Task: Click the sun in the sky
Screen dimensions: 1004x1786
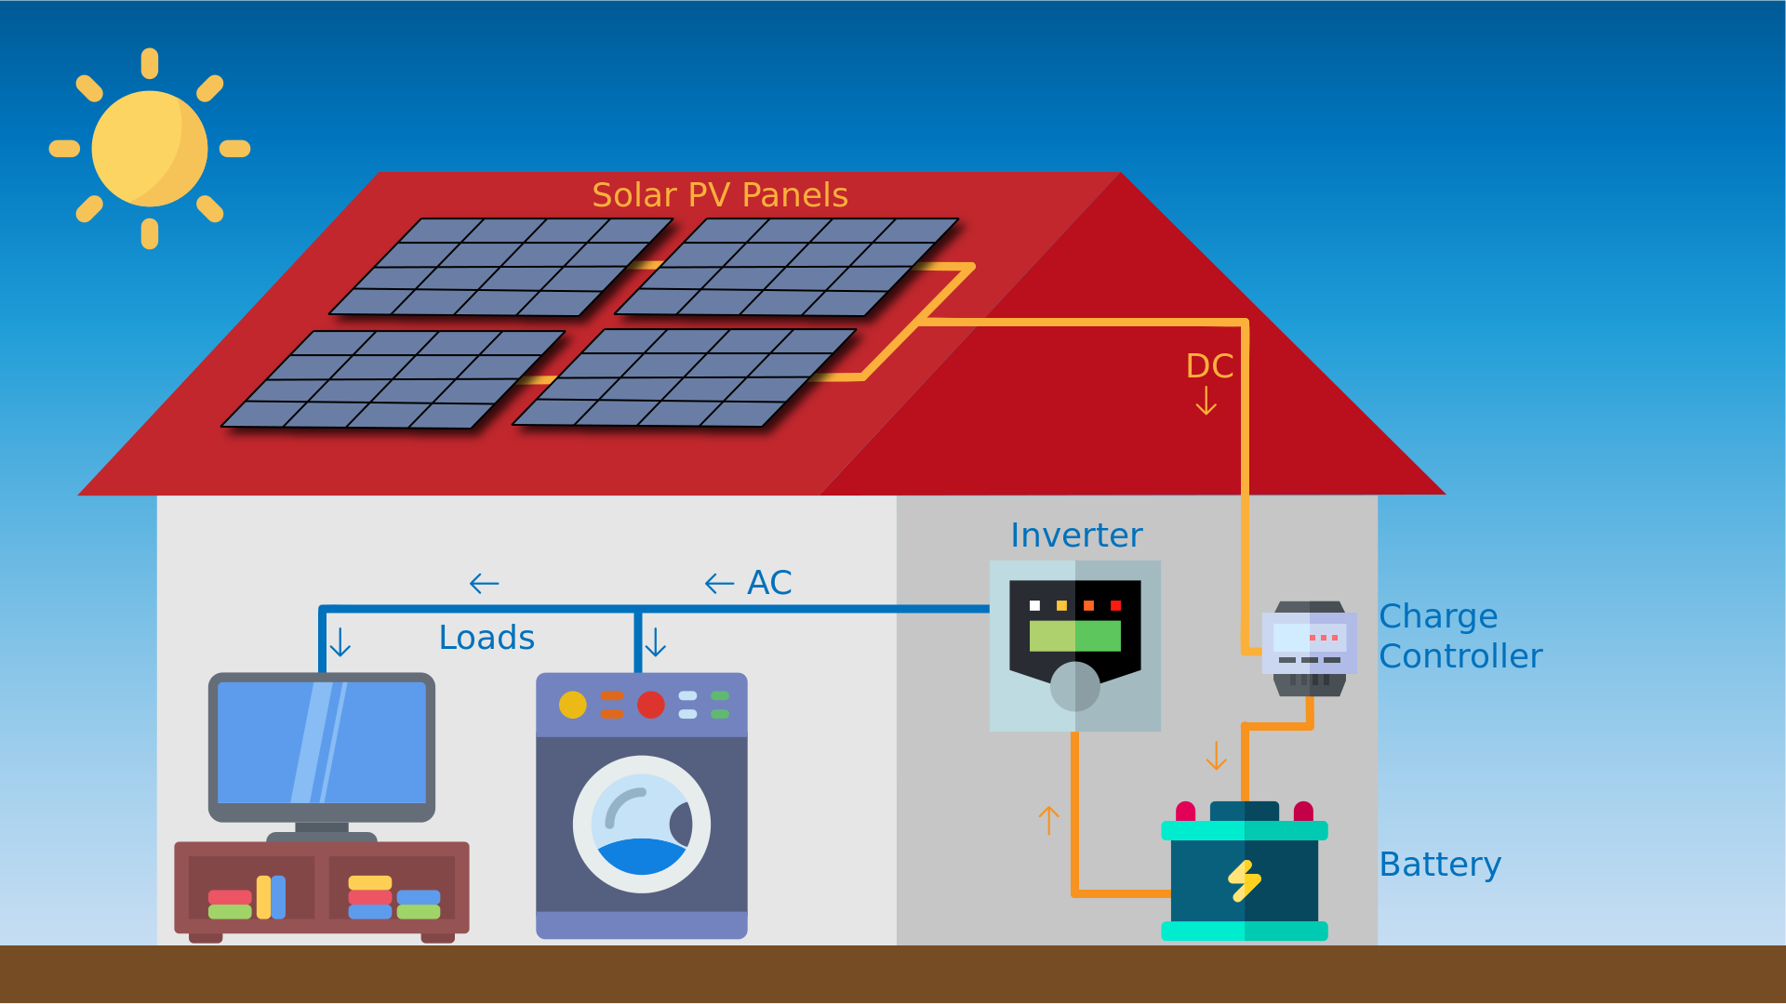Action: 150,149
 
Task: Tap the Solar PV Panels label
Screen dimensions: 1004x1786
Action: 719,195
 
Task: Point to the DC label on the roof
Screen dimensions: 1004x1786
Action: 1208,366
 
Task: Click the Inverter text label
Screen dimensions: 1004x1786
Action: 1075,535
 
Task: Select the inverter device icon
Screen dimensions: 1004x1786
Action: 1074,645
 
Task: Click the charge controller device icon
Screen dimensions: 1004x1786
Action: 1309,648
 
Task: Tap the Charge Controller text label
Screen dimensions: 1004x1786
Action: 1459,636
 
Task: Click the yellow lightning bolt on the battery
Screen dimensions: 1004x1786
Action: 1244,879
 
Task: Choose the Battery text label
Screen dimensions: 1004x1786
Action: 1439,865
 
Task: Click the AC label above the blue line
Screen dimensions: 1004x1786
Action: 769,583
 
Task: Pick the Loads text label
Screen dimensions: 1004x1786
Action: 486,638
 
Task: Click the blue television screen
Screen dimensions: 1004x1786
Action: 321,742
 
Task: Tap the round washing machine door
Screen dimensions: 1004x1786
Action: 641,824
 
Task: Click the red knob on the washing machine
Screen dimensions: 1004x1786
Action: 650,705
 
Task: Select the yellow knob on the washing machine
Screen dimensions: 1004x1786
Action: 573,705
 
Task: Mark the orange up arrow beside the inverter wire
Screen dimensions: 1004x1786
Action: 1048,820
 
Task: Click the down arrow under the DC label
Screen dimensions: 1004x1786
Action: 1206,401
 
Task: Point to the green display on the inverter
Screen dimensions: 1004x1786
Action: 1074,636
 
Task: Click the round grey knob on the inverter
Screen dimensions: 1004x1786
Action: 1074,686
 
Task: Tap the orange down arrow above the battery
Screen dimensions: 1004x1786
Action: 1216,755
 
